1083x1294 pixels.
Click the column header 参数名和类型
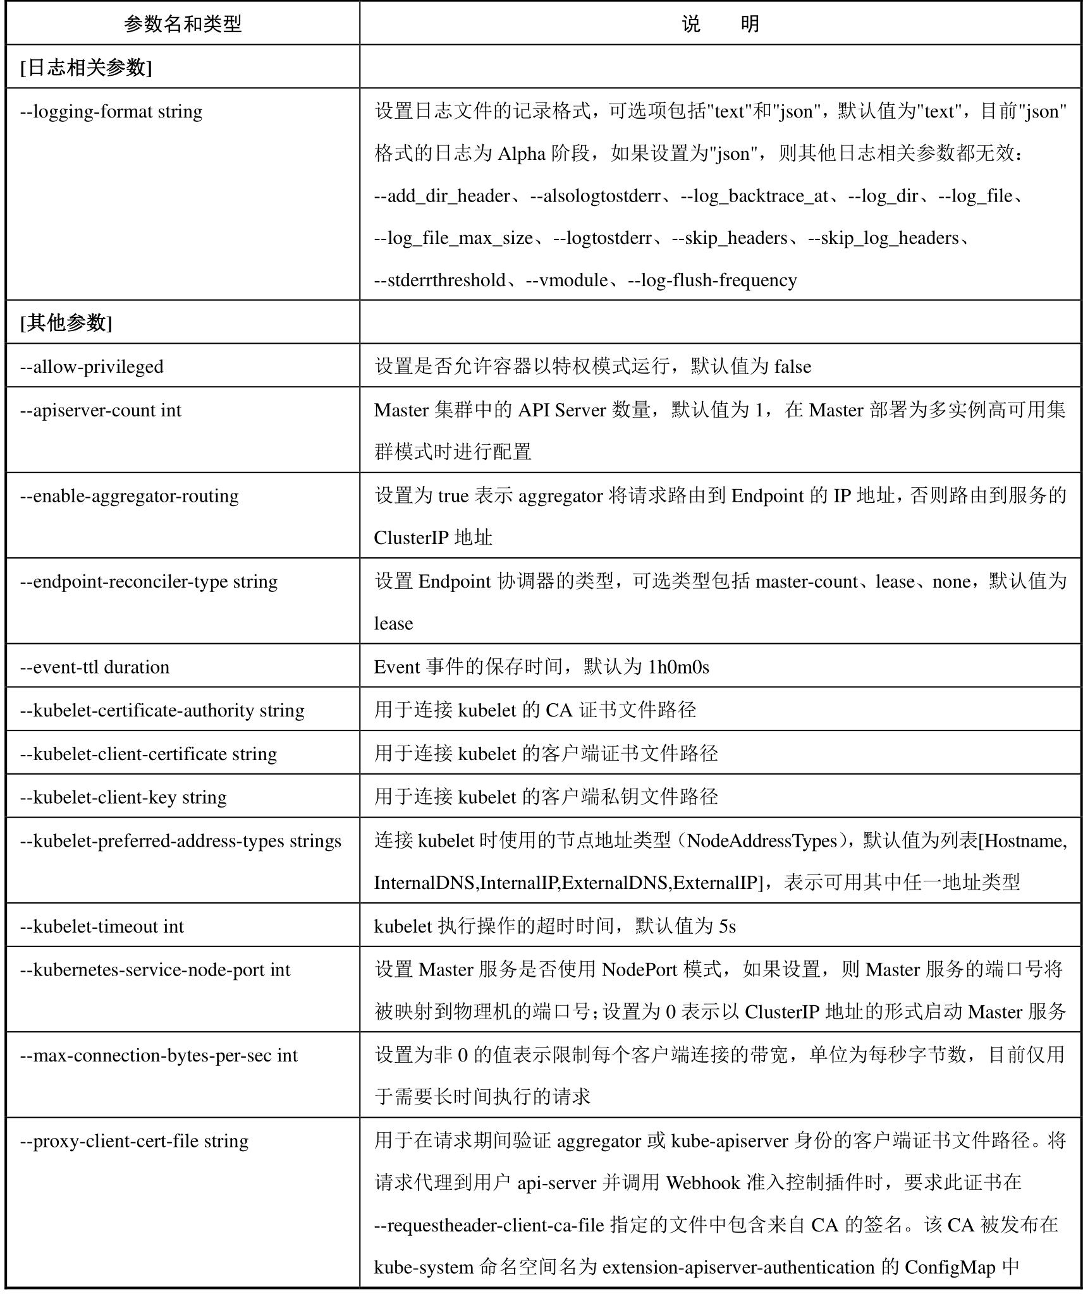click(183, 24)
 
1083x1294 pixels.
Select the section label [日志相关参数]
click(86, 68)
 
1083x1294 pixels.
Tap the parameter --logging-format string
click(111, 112)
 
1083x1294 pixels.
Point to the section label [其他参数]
click(66, 323)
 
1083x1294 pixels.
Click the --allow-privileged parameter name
click(92, 367)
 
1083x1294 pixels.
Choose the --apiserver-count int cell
click(101, 411)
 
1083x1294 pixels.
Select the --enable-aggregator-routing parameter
click(130, 497)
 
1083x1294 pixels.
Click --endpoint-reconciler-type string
click(149, 582)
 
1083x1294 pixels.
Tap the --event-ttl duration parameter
click(95, 667)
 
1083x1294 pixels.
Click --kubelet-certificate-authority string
click(162, 711)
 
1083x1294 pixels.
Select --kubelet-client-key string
click(123, 797)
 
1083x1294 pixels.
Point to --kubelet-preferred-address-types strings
click(181, 842)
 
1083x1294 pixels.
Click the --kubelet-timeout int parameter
click(102, 927)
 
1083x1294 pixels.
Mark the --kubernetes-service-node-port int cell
click(155, 970)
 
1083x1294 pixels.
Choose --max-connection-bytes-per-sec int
click(159, 1056)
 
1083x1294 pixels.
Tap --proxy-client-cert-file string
click(134, 1141)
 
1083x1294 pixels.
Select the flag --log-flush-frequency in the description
click(713, 281)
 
